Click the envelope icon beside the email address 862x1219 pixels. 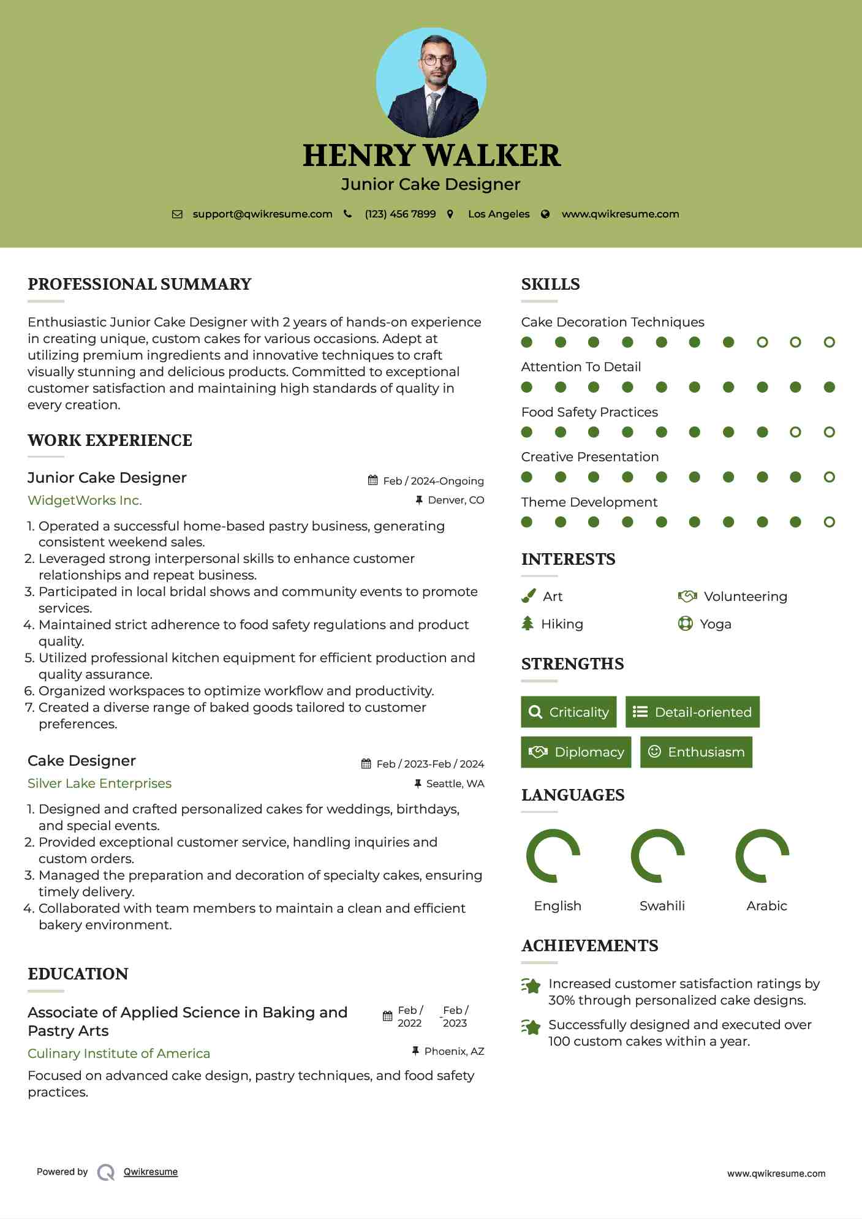177,214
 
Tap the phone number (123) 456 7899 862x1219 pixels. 400,214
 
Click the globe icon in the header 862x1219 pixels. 545,214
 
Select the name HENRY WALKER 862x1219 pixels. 431,156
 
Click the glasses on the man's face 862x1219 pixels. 437,60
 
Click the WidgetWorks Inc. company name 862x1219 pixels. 85,500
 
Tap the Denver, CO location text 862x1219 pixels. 456,500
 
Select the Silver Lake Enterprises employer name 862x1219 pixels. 99,783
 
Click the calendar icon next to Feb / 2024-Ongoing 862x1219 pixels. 372,480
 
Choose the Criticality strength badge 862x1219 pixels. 569,712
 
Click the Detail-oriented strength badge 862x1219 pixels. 692,712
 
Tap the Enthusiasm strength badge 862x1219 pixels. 696,752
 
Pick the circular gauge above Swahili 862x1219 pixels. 658,856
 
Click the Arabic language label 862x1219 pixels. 766,906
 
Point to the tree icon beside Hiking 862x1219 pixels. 527,624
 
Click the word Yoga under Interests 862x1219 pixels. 716,624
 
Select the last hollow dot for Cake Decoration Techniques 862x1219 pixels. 829,342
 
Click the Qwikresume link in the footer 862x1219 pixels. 151,1172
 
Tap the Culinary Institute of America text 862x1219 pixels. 119,1054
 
